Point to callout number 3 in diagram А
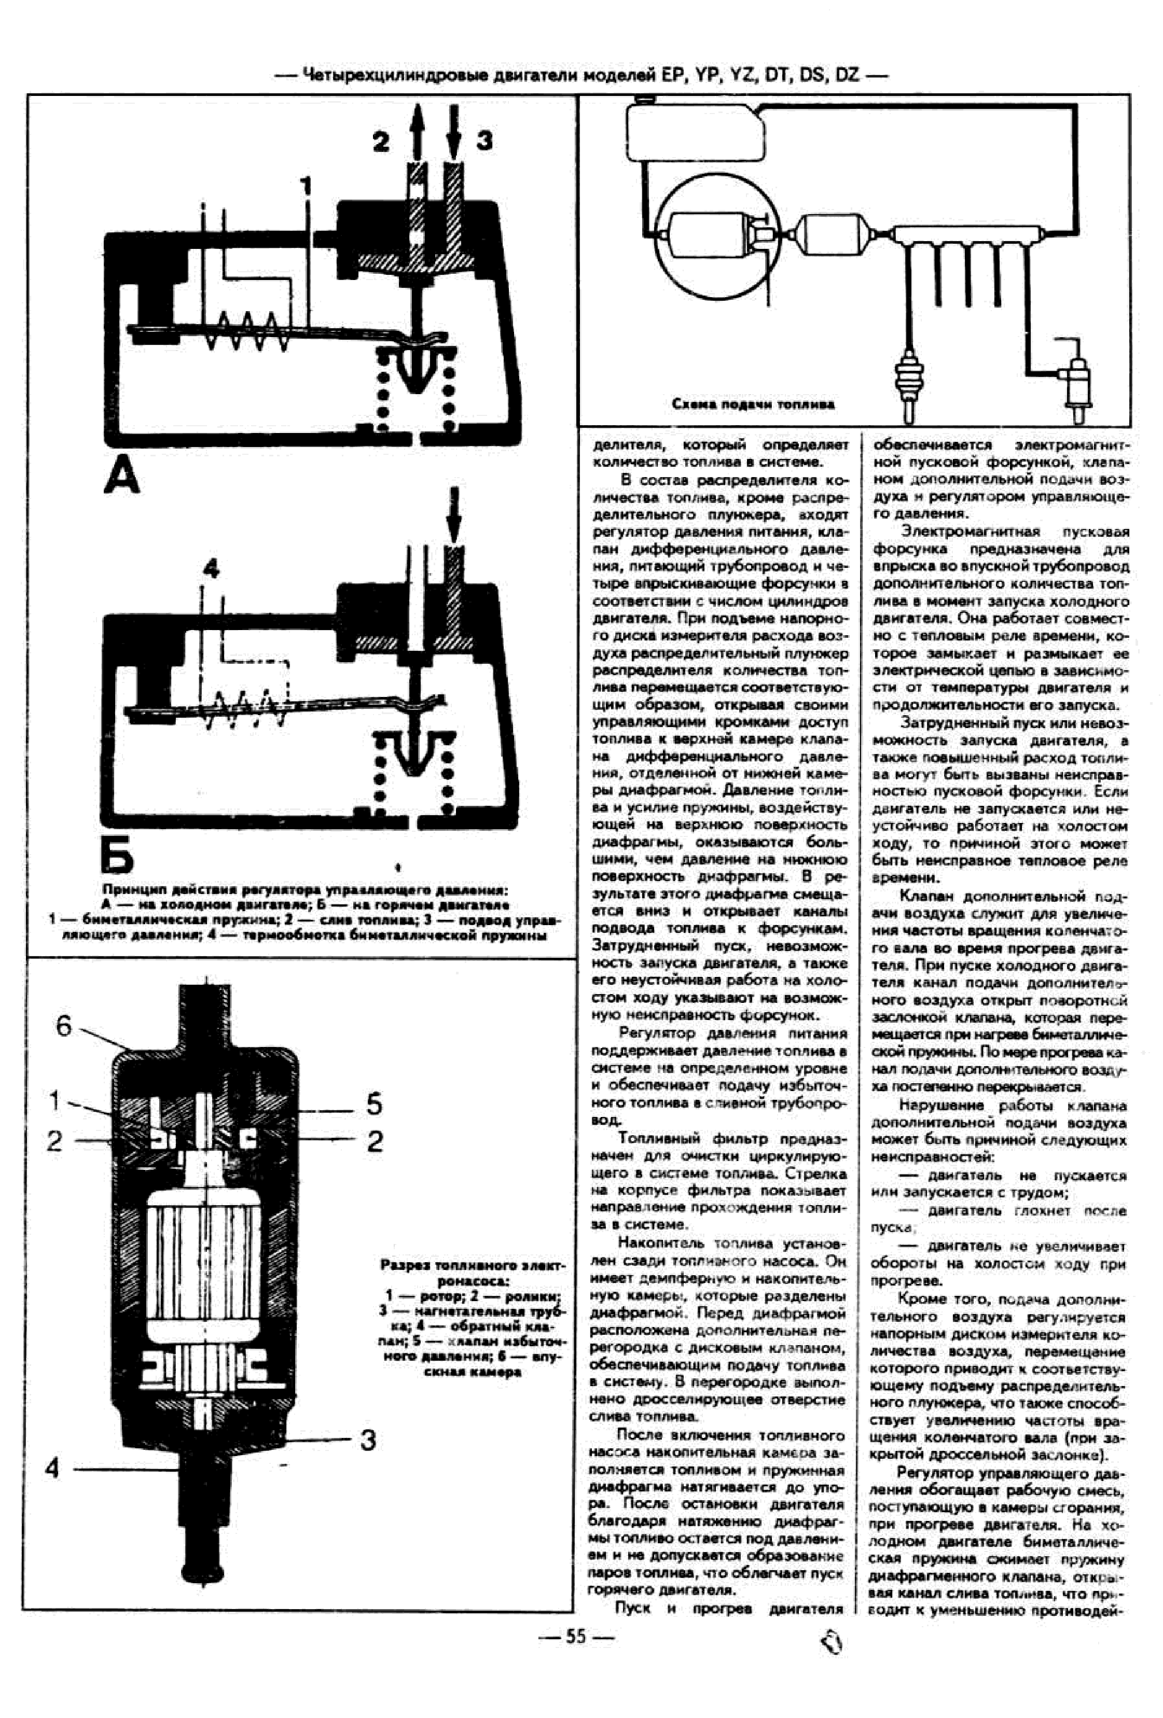point(484,141)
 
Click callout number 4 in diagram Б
point(211,568)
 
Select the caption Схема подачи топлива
point(753,404)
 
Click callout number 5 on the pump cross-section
point(374,1104)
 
